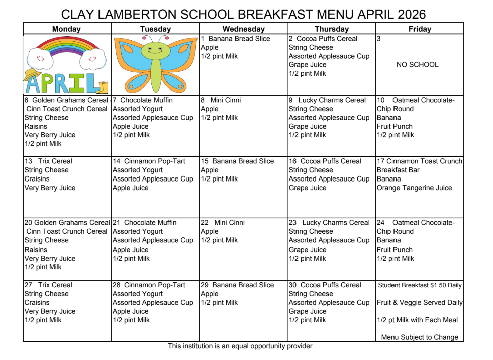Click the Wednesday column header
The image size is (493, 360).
coord(243,29)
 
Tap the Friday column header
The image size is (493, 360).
coord(420,29)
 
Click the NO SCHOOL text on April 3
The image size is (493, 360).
coord(417,65)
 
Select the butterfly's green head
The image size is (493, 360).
coord(155,49)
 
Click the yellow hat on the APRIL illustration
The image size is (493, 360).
coord(32,75)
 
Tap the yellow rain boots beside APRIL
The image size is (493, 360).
coord(103,88)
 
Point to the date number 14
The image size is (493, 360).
coord(117,161)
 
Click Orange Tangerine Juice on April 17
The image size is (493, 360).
coord(414,188)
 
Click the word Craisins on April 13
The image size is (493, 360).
coord(37,179)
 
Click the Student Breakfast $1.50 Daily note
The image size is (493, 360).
coord(420,285)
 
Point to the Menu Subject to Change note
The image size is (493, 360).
coord(420,337)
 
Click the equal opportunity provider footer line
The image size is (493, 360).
coord(240,346)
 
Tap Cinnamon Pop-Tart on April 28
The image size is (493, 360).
coord(154,285)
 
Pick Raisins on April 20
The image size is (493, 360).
coord(36,250)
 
